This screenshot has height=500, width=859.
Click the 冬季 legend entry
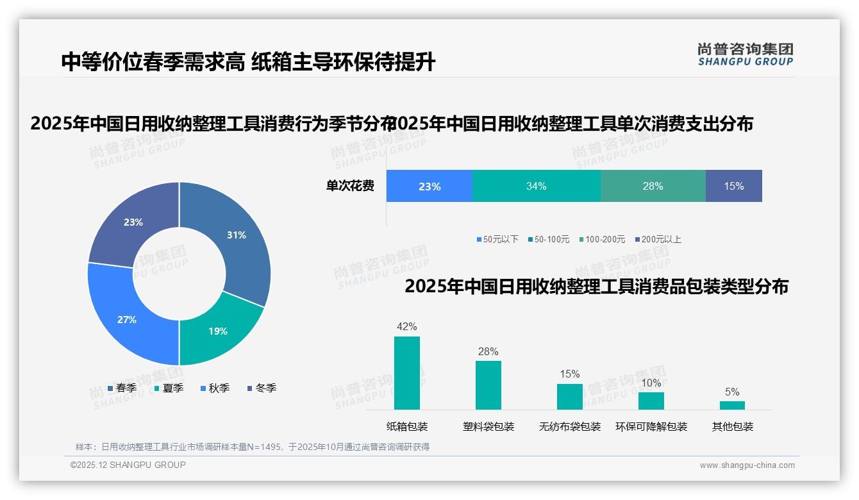[x=262, y=388]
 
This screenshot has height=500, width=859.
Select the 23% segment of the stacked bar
[x=429, y=187]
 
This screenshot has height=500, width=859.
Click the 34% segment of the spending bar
[x=536, y=187]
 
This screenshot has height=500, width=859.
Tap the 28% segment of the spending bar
[x=653, y=187]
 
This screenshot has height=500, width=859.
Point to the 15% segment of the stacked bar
[x=733, y=187]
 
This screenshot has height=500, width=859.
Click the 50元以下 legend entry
[x=497, y=240]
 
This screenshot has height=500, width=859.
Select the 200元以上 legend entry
[x=658, y=240]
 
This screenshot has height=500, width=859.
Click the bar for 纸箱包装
[x=406, y=373]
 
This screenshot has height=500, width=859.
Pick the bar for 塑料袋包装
[x=488, y=385]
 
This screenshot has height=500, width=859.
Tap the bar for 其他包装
[x=732, y=405]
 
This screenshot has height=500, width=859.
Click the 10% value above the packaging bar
[x=651, y=383]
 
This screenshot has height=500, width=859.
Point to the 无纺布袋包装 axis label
[x=569, y=427]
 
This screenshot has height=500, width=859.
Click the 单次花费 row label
[x=350, y=187]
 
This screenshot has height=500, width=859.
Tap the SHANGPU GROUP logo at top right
[x=745, y=54]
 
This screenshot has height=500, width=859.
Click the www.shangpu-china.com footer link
[x=747, y=465]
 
